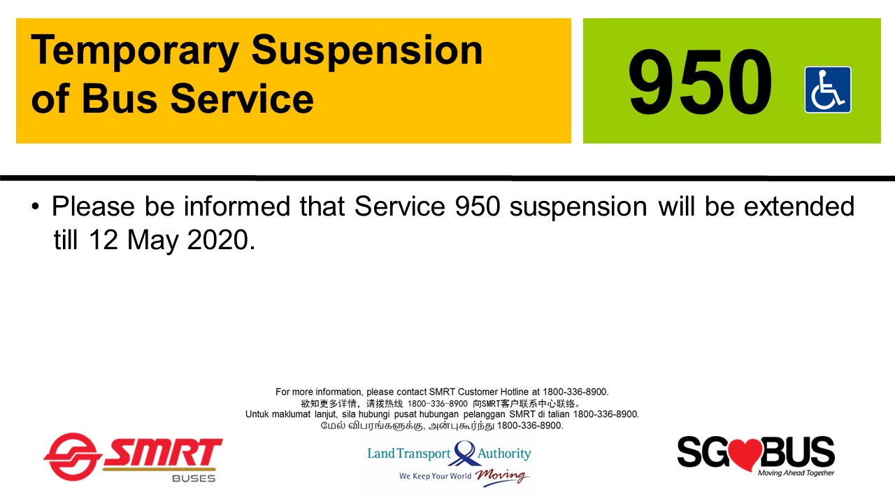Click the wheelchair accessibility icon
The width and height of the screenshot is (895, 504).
[828, 90]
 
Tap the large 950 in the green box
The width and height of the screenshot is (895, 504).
[700, 83]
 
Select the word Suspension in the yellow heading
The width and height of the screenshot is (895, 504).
[367, 50]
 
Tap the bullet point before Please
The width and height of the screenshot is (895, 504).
[36, 208]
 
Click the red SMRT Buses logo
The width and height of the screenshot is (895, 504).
[133, 457]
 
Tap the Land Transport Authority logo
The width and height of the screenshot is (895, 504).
[449, 462]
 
